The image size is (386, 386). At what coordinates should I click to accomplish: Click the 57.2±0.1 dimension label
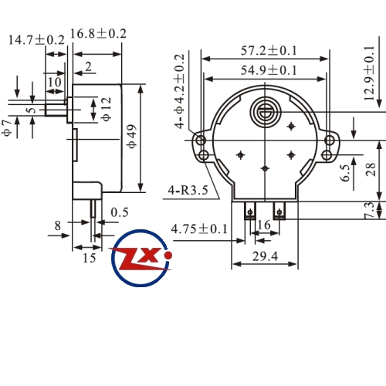pos(269,50)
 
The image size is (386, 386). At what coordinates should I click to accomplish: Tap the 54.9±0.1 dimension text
pos(269,70)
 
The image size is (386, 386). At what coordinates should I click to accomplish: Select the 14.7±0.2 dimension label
pos(36,40)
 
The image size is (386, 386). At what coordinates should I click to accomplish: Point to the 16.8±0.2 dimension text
pos(98,34)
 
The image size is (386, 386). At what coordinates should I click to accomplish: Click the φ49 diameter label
pos(132,136)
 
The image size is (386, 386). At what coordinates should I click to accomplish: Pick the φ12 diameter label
pos(107,109)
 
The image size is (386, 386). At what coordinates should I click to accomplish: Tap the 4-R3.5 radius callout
pos(188,191)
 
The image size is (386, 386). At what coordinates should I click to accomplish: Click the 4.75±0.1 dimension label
pos(199,229)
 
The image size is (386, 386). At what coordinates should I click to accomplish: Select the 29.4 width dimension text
pos(265,256)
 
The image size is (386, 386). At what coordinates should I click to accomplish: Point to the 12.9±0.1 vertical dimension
pos(369,73)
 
